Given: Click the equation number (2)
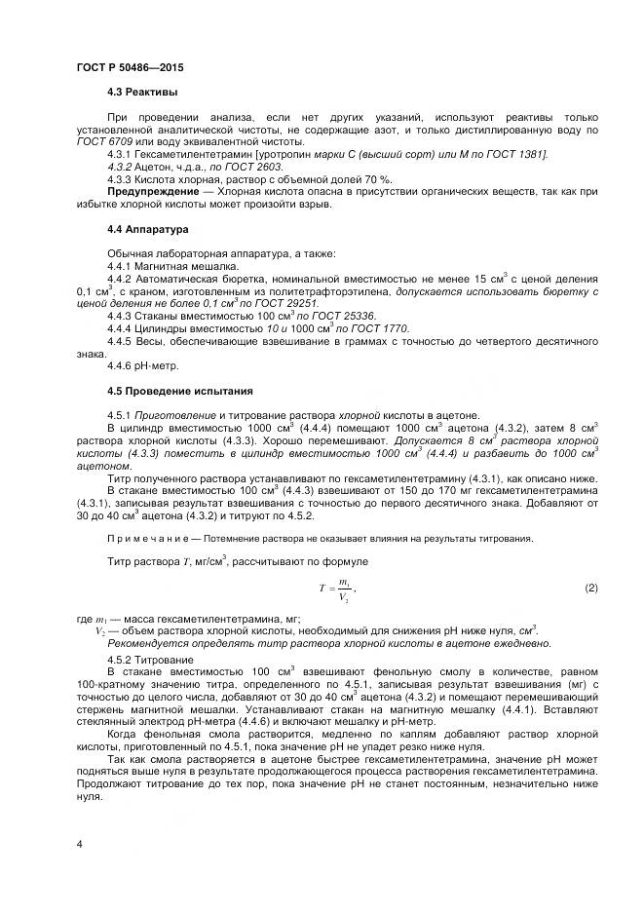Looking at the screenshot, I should (x=590, y=588).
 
